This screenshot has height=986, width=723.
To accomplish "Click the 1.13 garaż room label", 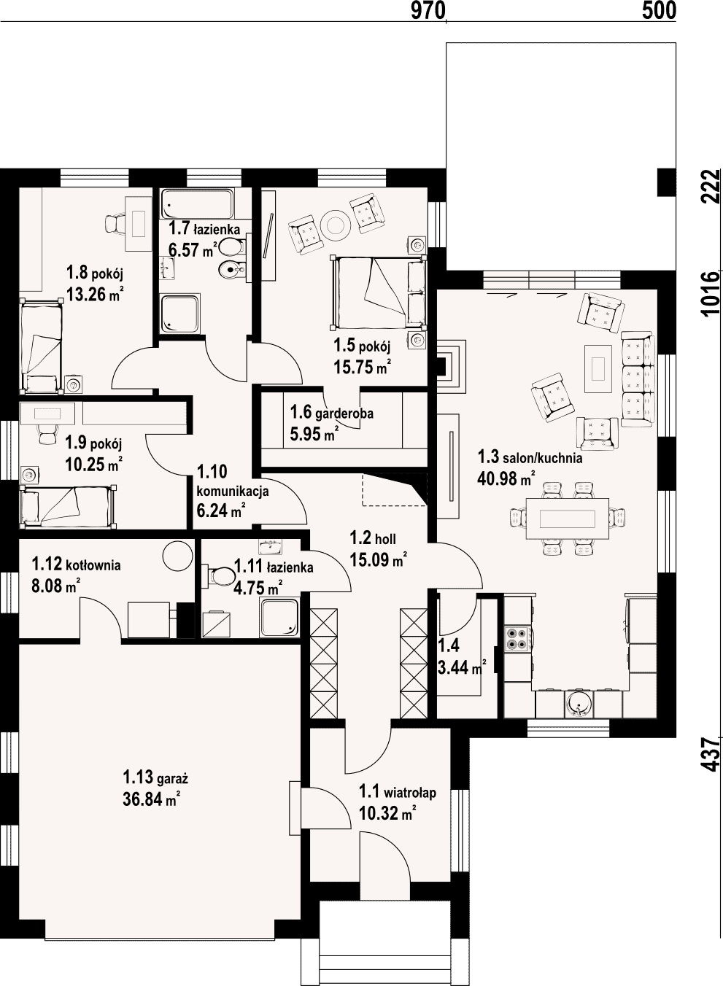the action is (x=155, y=778).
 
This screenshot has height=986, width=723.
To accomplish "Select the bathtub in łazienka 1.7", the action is (x=197, y=203).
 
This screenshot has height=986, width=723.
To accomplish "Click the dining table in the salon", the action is (x=568, y=519).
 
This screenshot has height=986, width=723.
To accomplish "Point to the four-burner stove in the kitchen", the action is (x=517, y=639).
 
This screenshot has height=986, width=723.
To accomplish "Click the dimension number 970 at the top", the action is (x=428, y=10).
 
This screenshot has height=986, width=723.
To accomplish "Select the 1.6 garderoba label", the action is (x=331, y=413).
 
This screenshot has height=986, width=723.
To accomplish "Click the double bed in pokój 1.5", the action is (x=378, y=292).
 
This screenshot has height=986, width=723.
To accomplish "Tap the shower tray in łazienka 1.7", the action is (x=179, y=314).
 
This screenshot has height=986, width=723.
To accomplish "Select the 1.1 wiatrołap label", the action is (x=398, y=792).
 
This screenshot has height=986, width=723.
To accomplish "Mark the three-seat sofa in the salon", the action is (x=638, y=379).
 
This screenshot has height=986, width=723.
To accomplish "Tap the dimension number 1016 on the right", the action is (x=710, y=294).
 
